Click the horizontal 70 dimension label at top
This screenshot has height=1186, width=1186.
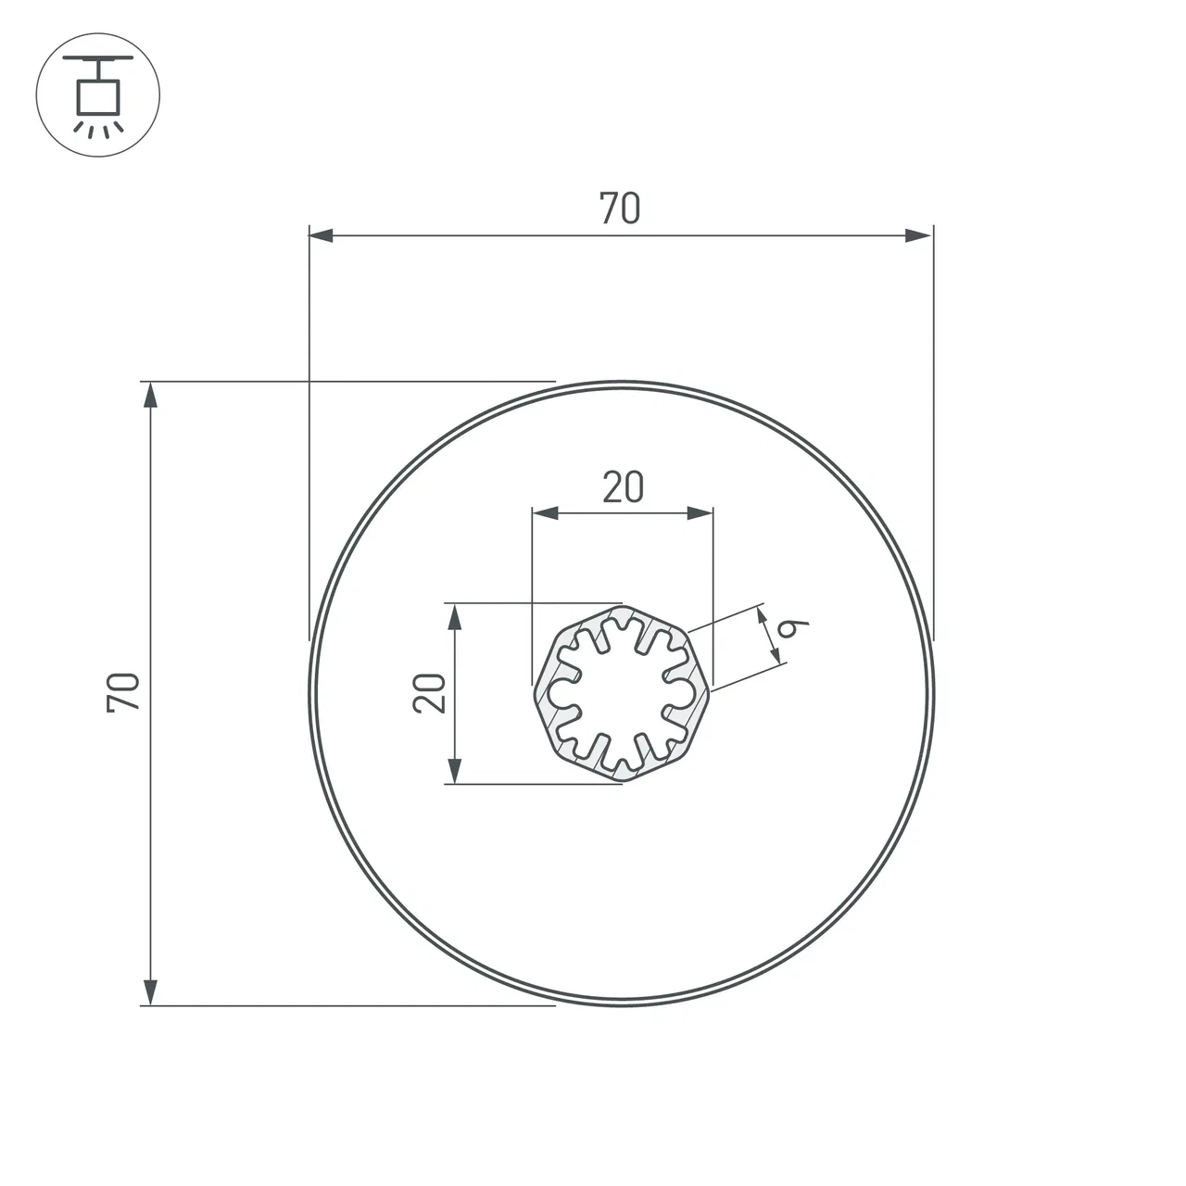(x=620, y=208)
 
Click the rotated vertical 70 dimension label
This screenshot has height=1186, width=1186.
(x=123, y=693)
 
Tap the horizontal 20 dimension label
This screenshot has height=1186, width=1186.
(x=623, y=487)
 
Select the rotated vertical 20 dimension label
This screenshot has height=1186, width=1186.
(x=429, y=693)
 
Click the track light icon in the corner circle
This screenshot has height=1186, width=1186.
(x=98, y=95)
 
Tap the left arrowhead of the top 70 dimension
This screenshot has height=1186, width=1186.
(x=321, y=235)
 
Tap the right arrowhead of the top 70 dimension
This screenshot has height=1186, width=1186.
(x=918, y=235)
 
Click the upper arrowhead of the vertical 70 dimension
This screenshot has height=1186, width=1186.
(x=150, y=395)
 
